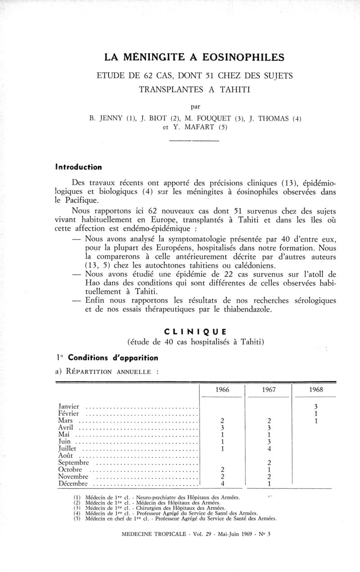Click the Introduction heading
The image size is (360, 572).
click(x=78, y=167)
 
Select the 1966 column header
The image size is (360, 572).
click(x=222, y=390)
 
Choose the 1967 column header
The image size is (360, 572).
click(x=268, y=390)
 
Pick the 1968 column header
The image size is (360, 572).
click(x=316, y=390)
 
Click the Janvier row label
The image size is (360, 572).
click(x=69, y=406)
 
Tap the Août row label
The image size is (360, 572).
click(x=66, y=456)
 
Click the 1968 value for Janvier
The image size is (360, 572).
click(x=316, y=406)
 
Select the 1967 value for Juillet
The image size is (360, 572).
click(x=268, y=448)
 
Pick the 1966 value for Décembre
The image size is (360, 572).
click(x=222, y=484)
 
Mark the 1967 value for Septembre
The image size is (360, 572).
click(x=268, y=463)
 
